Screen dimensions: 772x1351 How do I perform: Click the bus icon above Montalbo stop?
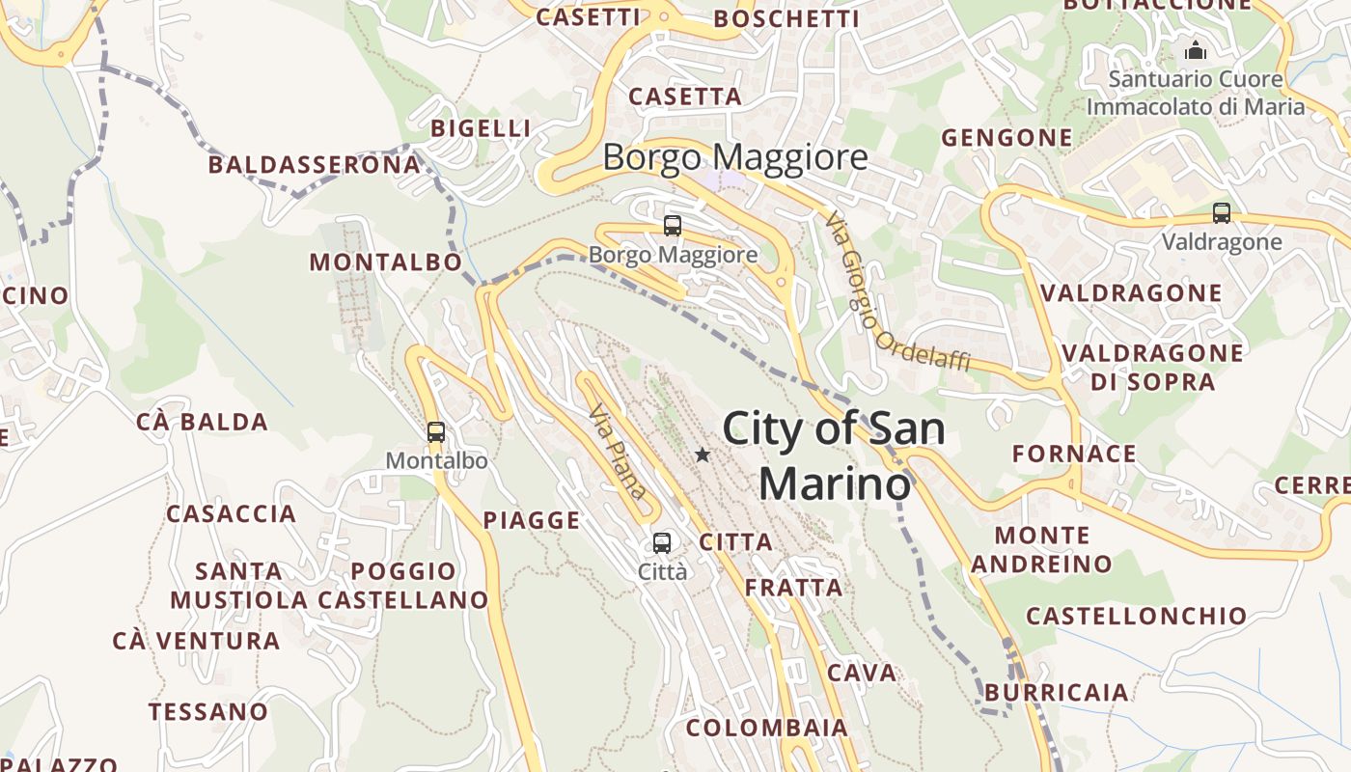point(436,432)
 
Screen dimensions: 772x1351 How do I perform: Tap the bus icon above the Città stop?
point(662,542)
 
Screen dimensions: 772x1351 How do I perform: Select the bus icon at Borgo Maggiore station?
point(673,226)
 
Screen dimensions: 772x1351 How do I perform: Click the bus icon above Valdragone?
point(1222,213)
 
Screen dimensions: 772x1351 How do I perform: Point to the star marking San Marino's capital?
point(703,455)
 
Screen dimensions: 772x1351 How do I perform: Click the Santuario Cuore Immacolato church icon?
point(1196,50)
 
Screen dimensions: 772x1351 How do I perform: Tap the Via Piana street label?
point(618,452)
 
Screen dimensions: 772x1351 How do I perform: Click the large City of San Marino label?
point(834,455)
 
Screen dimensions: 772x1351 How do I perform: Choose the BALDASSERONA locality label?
point(315,165)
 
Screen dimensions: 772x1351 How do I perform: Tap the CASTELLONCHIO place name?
point(1136,616)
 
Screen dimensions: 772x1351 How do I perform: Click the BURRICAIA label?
point(1057,692)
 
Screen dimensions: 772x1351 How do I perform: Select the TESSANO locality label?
point(208,712)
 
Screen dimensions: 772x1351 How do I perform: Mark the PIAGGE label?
point(532,521)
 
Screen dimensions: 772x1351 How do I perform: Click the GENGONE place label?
point(1006,138)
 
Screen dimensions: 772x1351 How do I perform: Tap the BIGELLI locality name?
point(481,128)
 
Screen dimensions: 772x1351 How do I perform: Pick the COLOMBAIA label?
point(767,728)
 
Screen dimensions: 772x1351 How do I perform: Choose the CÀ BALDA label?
point(202,422)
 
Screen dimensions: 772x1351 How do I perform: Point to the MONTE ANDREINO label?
point(1042,549)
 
